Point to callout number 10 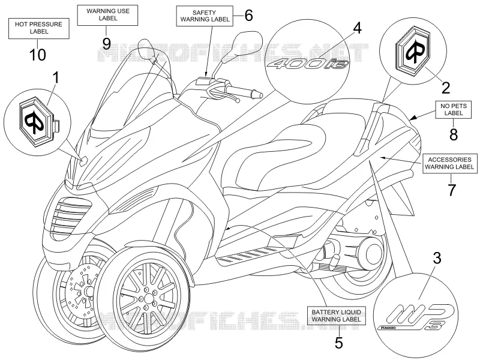38,55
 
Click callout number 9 106,43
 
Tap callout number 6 248,16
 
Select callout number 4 357,28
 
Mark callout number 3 437,259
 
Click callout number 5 338,343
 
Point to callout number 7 452,190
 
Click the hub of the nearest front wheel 148,298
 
